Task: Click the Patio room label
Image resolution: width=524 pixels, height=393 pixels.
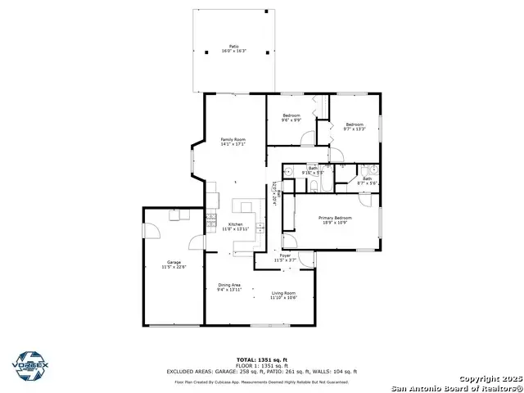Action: click(234, 47)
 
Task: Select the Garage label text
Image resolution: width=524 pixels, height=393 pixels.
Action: click(174, 262)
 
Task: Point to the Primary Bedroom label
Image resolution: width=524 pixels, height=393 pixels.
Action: click(336, 218)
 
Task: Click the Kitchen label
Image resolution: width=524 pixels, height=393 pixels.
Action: click(236, 224)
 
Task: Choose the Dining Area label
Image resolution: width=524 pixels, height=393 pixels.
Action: click(229, 285)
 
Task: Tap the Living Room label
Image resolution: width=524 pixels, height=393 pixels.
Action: click(283, 293)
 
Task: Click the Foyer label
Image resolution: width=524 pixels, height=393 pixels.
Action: click(285, 255)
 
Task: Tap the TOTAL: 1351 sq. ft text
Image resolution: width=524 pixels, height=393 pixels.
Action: click(262, 359)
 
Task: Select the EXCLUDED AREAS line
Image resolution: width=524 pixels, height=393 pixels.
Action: click(262, 372)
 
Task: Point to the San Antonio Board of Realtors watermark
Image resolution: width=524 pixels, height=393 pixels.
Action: click(456, 387)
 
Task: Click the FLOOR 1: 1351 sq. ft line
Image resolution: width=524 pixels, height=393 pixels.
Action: click(262, 365)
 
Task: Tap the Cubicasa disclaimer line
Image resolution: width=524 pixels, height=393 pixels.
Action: click(262, 382)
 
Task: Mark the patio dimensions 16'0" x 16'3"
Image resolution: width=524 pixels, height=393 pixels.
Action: click(234, 51)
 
